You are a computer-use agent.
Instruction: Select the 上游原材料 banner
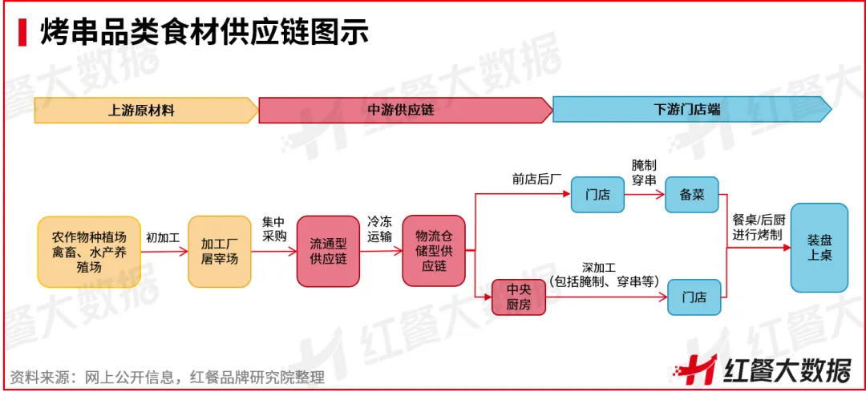pos(144,110)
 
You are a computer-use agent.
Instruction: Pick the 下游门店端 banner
pos(690,110)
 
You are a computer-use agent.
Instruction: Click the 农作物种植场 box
pos(89,252)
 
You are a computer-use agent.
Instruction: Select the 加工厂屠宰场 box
pos(219,252)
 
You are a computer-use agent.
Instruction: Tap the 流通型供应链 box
pos(328,252)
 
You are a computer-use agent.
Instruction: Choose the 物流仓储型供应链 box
pos(434,252)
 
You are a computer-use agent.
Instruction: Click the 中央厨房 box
pos(518,297)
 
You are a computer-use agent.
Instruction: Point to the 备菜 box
pos(691,194)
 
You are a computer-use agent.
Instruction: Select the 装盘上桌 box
pos(819,247)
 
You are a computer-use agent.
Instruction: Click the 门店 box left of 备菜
pos(597,194)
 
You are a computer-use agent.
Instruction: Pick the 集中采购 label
pos(273,228)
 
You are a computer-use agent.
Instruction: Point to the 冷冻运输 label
pos(380,228)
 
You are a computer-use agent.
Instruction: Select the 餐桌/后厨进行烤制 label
pos(759,226)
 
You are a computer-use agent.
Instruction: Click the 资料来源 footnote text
pos(168,377)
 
